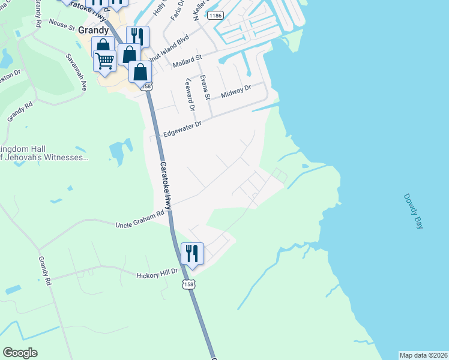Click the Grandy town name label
tap(92, 30)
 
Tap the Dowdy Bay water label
tap(413, 211)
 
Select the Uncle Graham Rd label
tap(139, 220)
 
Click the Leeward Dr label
tap(190, 95)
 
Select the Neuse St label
tap(61, 25)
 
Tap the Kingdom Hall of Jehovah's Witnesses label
tap(44, 154)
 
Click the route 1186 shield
tap(214, 15)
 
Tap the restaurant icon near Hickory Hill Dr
tap(192, 253)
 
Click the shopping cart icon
tap(104, 60)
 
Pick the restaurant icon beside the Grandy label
tap(137, 36)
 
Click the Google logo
tap(20, 353)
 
